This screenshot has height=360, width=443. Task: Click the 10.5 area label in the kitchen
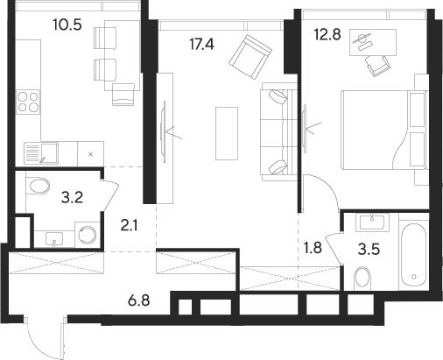coord(67,25)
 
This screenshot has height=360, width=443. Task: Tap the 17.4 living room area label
coord(201,45)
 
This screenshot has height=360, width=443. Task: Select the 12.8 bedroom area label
coord(327,34)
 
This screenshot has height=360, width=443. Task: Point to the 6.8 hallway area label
coord(139,300)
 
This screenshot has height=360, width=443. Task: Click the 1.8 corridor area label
coord(313,248)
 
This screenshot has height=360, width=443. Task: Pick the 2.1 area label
coord(130,226)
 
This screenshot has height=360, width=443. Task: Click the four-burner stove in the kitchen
coord(28,102)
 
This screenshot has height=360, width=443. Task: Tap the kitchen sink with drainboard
coord(41,153)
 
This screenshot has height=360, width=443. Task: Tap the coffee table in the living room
coord(227,133)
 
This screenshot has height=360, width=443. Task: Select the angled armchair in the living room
coord(250,57)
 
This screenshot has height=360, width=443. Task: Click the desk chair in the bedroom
coord(377,66)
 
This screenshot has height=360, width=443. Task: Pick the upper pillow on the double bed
coord(417,109)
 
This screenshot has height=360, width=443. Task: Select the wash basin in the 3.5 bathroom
coord(372,222)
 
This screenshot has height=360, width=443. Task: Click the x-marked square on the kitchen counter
coord(90,154)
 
